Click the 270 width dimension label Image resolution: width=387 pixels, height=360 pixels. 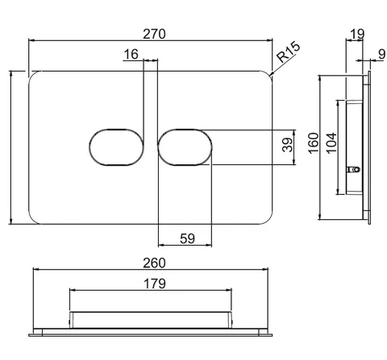(x=154, y=34)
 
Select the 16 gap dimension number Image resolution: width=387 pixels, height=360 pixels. (x=131, y=54)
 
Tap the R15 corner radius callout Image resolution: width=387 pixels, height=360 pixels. (x=289, y=52)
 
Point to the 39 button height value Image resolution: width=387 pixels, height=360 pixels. (x=288, y=145)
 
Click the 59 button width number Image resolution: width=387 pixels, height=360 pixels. (x=187, y=238)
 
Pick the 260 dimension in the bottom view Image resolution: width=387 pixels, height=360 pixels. (x=154, y=263)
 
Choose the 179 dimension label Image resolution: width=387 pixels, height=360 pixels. (x=155, y=283)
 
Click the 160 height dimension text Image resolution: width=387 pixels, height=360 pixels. (x=314, y=143)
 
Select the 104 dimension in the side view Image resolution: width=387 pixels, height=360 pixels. (x=331, y=143)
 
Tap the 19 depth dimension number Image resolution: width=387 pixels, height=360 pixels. (x=357, y=34)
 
